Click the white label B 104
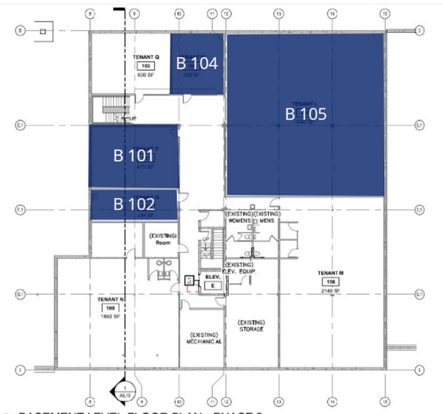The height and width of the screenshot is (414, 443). (196, 63)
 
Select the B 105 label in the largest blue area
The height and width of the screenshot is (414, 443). (306, 113)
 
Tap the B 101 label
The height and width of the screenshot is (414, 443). (133, 156)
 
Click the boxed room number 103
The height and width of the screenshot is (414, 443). (147, 65)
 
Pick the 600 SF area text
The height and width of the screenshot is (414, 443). (147, 75)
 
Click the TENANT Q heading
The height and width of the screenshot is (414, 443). (147, 56)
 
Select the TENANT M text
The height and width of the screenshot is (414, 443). (330, 272)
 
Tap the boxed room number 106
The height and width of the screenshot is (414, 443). (330, 282)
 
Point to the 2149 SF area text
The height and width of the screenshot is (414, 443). (330, 290)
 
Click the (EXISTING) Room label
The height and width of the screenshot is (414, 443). (163, 239)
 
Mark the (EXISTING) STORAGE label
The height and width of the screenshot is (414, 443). (251, 325)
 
